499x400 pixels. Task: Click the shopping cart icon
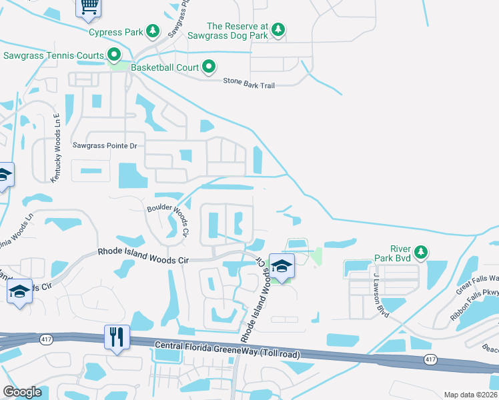pyautogui.click(x=88, y=6)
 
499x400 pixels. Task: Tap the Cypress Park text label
pyautogui.click(x=117, y=31)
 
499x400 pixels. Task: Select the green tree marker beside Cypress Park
pyautogui.click(x=153, y=31)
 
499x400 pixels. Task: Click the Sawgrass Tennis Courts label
pyautogui.click(x=54, y=55)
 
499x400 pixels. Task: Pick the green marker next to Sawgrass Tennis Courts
pyautogui.click(x=114, y=55)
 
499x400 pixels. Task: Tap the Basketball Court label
pyautogui.click(x=165, y=67)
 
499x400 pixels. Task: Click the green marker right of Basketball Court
pyautogui.click(x=209, y=67)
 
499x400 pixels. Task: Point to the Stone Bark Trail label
pyautogui.click(x=248, y=84)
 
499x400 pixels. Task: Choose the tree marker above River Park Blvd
pyautogui.click(x=420, y=251)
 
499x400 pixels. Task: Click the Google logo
pyautogui.click(x=22, y=392)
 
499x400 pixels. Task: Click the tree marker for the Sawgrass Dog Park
pyautogui.click(x=278, y=29)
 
